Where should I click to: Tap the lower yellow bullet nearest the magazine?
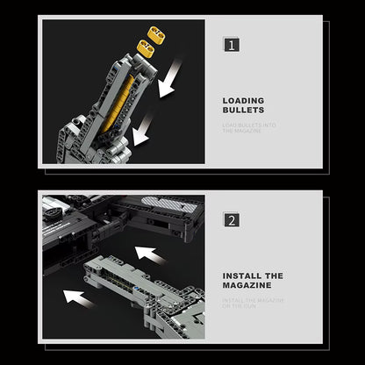pos(146,48)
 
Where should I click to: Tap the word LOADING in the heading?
pos(243,101)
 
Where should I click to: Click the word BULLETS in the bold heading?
pos(243,111)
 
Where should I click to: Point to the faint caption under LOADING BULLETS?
pos(249,127)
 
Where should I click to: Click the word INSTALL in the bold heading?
pos(241,275)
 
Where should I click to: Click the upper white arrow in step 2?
pos(151,255)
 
